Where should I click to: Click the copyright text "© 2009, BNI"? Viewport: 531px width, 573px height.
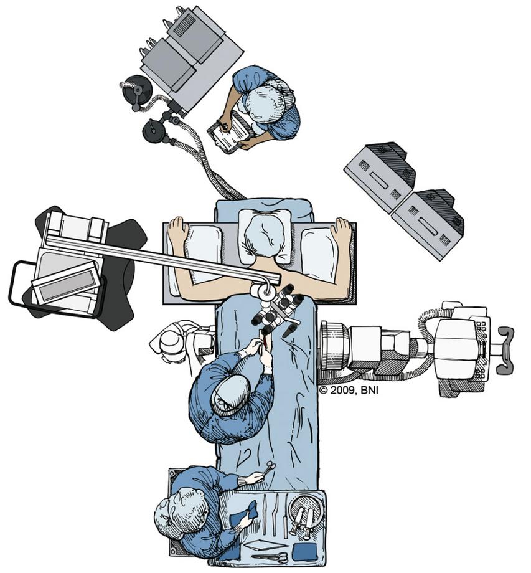coord(349,391)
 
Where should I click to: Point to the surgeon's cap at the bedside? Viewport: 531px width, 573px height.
coord(232,395)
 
